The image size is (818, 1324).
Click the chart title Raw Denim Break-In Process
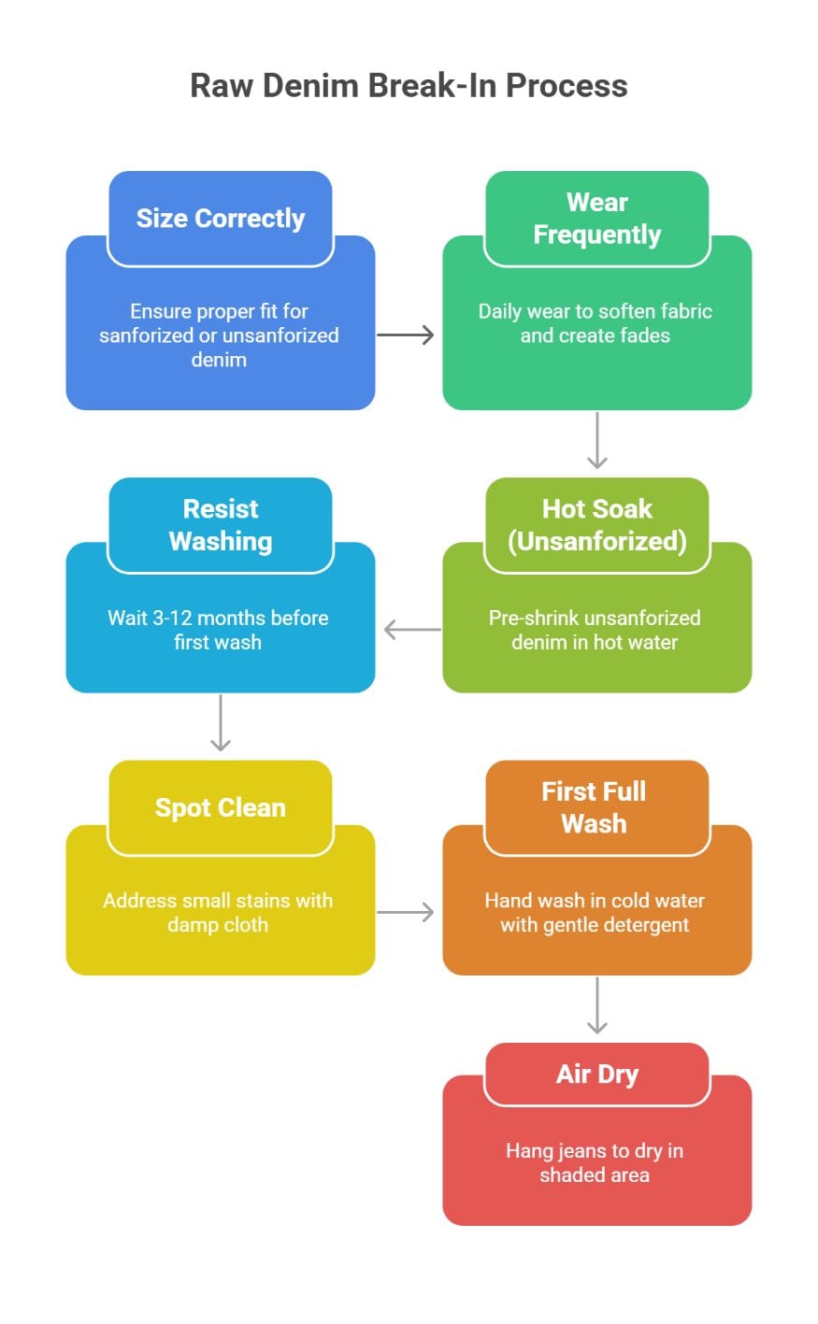click(x=409, y=86)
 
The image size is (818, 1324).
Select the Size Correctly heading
click(x=221, y=219)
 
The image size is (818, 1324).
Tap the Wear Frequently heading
click(x=596, y=219)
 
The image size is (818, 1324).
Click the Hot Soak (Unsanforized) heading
click(x=596, y=525)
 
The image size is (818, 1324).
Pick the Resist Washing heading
click(x=221, y=525)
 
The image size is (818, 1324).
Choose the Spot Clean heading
click(x=221, y=808)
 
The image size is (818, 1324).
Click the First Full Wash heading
click(x=595, y=807)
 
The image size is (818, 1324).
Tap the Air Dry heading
click(x=596, y=1075)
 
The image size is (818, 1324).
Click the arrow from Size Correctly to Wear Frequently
click(x=406, y=335)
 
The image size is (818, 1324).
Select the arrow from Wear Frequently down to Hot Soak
click(x=596, y=440)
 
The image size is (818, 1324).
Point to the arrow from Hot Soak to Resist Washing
click(x=412, y=630)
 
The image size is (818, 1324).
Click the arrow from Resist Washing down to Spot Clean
click(x=221, y=722)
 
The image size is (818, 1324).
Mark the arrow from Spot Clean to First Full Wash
click(x=406, y=912)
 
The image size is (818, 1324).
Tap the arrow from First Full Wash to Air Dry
click(x=596, y=1005)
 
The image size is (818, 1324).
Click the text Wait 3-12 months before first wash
click(x=218, y=630)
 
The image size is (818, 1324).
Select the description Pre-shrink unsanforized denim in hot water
click(x=595, y=630)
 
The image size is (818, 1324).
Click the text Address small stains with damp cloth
click(x=218, y=912)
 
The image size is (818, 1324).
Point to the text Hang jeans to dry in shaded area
click(x=595, y=1162)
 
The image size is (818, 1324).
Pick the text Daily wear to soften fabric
click(x=595, y=312)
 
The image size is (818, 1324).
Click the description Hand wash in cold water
click(x=595, y=901)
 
